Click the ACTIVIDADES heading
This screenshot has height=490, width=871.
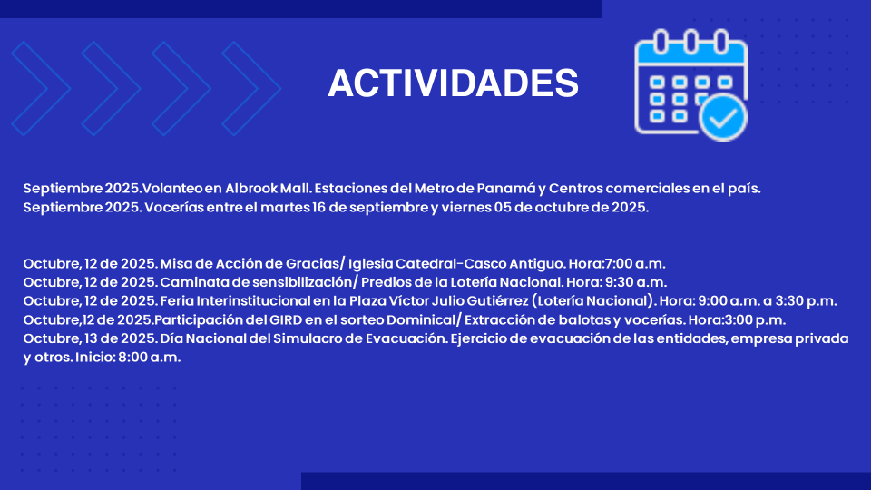pos(453,83)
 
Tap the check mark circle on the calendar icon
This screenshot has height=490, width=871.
pos(723,117)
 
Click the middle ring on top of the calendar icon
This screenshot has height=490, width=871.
pos(690,41)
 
